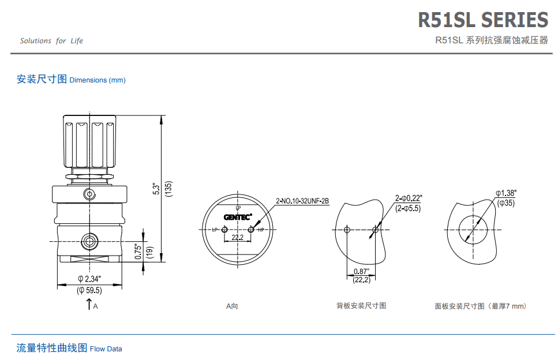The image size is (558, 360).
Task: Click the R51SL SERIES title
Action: [482, 20]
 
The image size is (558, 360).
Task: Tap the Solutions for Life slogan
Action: [51, 41]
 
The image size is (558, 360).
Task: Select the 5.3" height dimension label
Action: [155, 189]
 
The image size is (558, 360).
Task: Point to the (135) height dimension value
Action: [168, 189]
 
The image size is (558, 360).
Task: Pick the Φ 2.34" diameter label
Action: [89, 279]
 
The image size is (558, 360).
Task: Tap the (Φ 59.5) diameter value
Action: [89, 290]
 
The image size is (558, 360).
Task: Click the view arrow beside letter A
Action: [89, 304]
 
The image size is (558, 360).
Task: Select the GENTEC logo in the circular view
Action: [238, 217]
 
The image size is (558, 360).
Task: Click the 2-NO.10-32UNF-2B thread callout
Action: [302, 201]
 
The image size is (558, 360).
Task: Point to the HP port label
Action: [260, 230]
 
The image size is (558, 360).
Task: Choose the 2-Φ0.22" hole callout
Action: [408, 198]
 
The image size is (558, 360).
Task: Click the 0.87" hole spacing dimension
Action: [361, 271]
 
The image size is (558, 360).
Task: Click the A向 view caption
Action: [232, 306]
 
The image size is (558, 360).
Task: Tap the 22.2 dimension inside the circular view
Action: [237, 238]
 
